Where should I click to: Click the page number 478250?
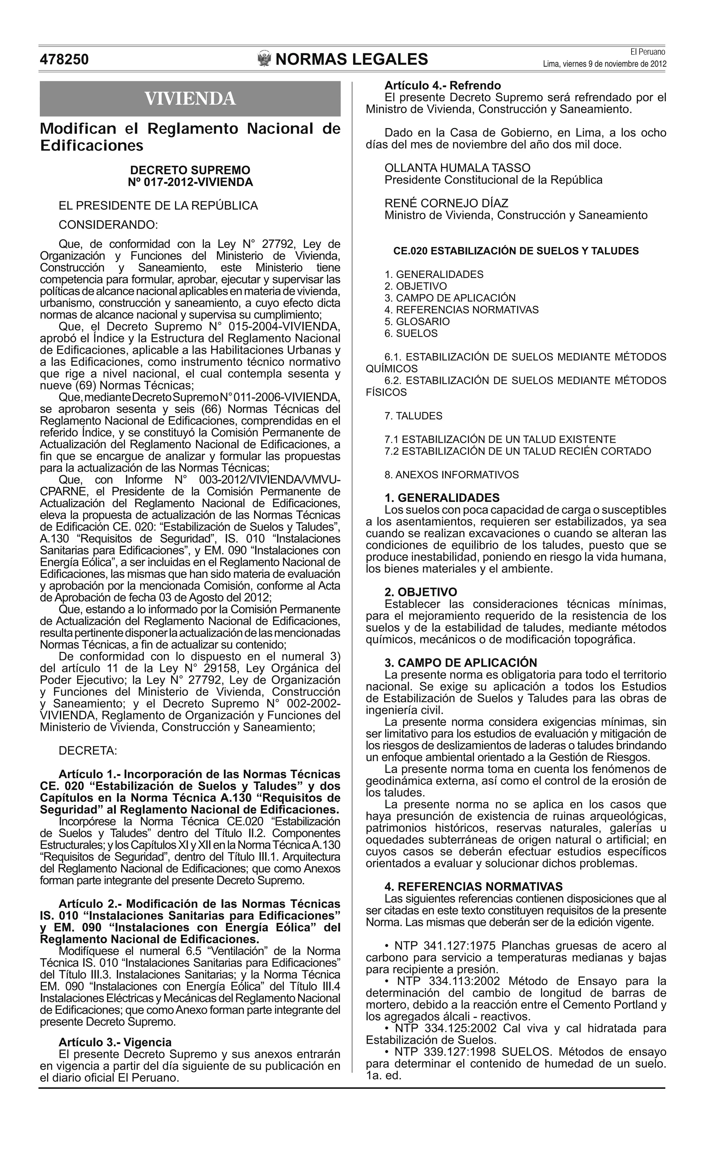tap(64, 59)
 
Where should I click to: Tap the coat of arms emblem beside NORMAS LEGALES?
tap(264, 59)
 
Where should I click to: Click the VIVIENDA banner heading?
tap(190, 99)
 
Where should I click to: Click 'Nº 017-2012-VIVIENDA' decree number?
tap(190, 182)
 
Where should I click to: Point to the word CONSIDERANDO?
tap(108, 224)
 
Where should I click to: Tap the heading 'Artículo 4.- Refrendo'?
tap(443, 86)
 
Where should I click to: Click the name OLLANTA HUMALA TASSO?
tap(457, 168)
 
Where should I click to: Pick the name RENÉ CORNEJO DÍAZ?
tap(446, 203)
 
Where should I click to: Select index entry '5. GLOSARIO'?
tap(417, 322)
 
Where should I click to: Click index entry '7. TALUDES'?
tap(413, 416)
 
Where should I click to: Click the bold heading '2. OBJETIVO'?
tap(421, 592)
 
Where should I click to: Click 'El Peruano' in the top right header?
tap(647, 52)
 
